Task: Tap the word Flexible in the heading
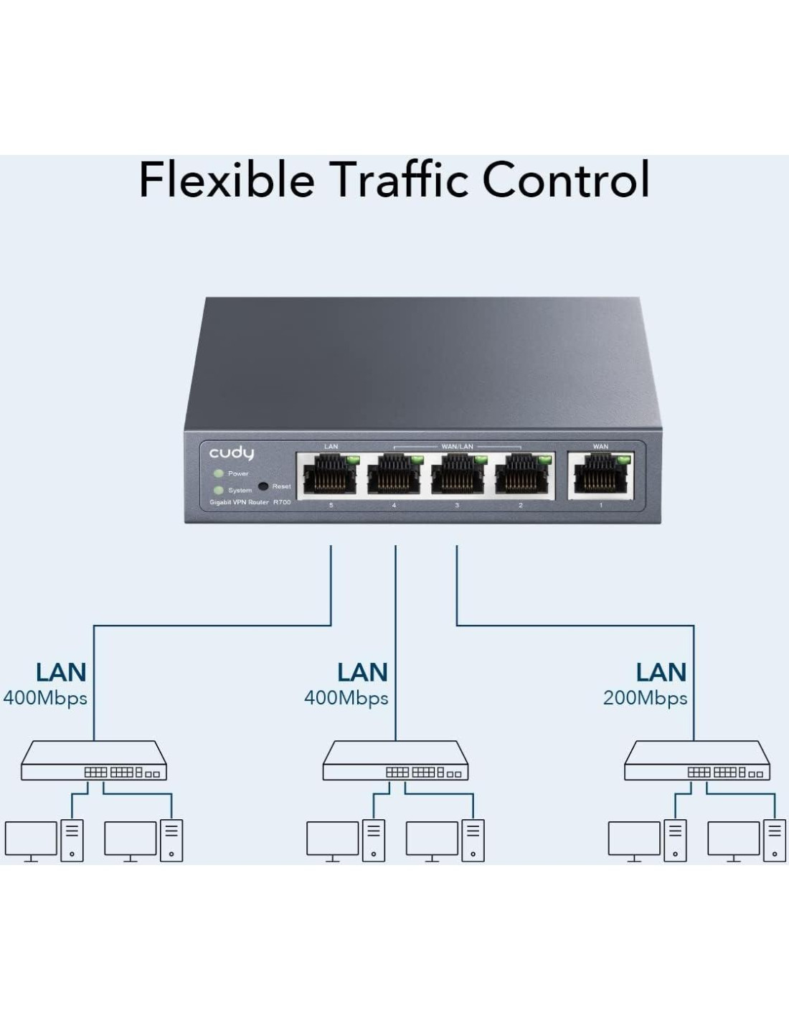[x=227, y=179]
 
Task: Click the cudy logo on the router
[x=231, y=453]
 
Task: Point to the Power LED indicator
[x=219, y=473]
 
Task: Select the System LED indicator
[x=219, y=490]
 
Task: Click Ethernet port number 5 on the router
[x=330, y=476]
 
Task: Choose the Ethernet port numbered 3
[x=457, y=476]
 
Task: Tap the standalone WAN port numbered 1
[x=601, y=476]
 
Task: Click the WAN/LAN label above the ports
[x=457, y=446]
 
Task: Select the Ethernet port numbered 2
[x=521, y=476]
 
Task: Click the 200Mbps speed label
[x=645, y=698]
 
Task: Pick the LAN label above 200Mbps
[x=661, y=673]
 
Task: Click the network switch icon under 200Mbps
[x=696, y=762]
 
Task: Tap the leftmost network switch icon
[x=94, y=762]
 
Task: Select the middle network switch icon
[x=395, y=762]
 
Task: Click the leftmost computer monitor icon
[x=31, y=840]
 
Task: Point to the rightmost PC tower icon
[x=775, y=840]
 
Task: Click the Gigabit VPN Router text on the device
[x=239, y=503]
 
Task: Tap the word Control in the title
[x=566, y=179]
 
